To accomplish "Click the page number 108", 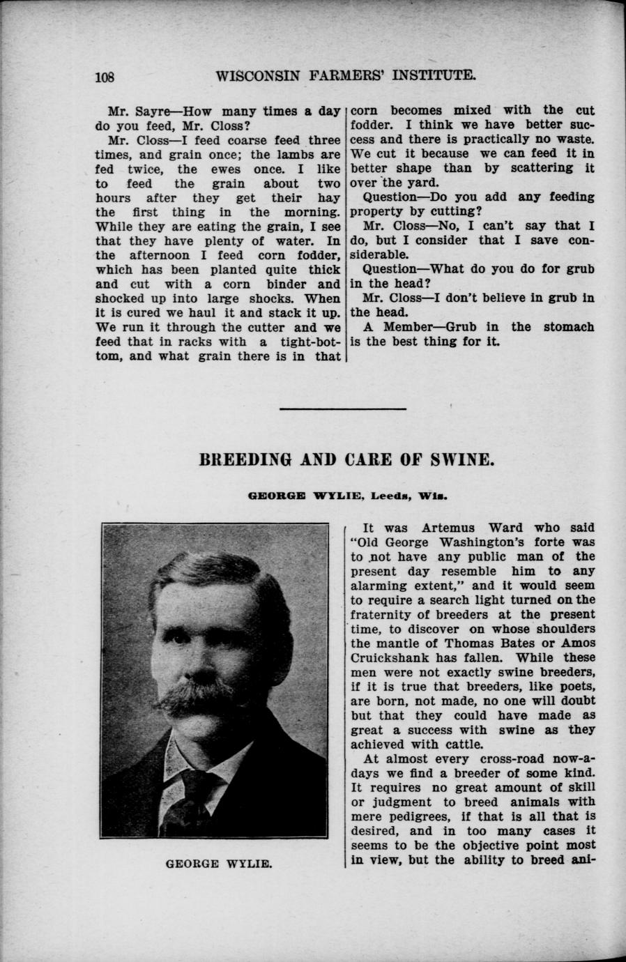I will pyautogui.click(x=109, y=77).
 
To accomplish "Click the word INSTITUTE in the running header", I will pyautogui.click(x=428, y=75).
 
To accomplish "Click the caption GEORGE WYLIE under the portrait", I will pyautogui.click(x=218, y=864).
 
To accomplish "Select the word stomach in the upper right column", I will pyautogui.click(x=568, y=327).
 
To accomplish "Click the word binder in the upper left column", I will pyautogui.click(x=288, y=284).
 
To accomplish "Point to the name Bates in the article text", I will pyautogui.click(x=518, y=643).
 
